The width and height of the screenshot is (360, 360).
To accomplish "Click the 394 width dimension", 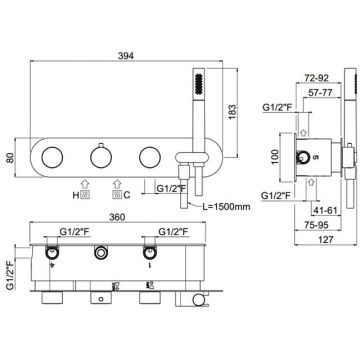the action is (126, 56).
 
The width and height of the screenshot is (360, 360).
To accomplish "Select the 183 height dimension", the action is (233, 112).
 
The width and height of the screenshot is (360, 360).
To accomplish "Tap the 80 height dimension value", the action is (10, 157).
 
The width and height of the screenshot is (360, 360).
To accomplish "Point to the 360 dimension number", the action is (117, 217).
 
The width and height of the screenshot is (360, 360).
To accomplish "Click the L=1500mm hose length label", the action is (227, 206).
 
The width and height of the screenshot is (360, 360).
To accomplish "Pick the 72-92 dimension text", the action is (317, 78).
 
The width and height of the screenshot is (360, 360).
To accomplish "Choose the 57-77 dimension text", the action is (320, 93).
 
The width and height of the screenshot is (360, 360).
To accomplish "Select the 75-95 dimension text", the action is (316, 225).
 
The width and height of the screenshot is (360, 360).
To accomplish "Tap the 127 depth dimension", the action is (326, 239).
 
